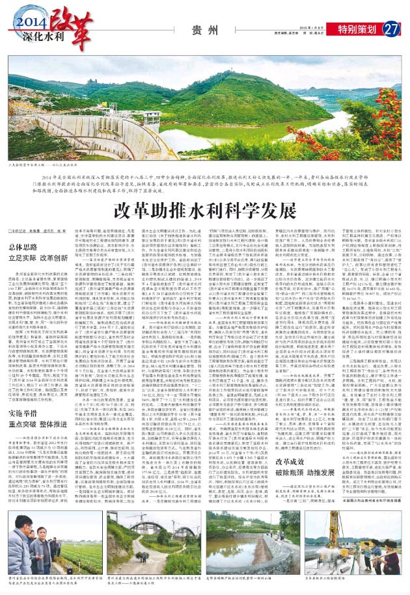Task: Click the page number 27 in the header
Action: pos(391,29)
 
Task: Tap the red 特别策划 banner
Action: pos(359,29)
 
